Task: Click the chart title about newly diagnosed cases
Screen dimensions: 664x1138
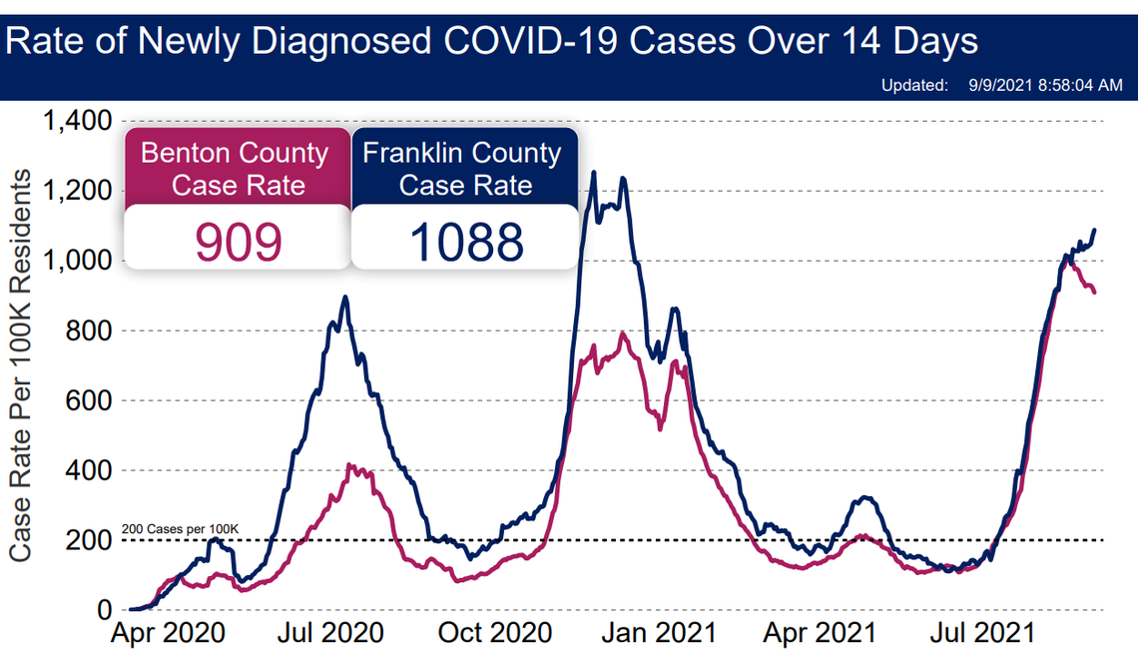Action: pyautogui.click(x=492, y=42)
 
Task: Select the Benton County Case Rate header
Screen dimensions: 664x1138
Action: pyautogui.click(x=236, y=169)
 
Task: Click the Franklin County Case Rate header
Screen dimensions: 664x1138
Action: pyautogui.click(x=463, y=169)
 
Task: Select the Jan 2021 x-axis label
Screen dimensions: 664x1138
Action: pyautogui.click(x=664, y=634)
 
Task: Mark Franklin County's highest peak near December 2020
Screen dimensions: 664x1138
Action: pyautogui.click(x=594, y=173)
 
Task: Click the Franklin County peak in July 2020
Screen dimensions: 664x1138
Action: pyautogui.click(x=345, y=298)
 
